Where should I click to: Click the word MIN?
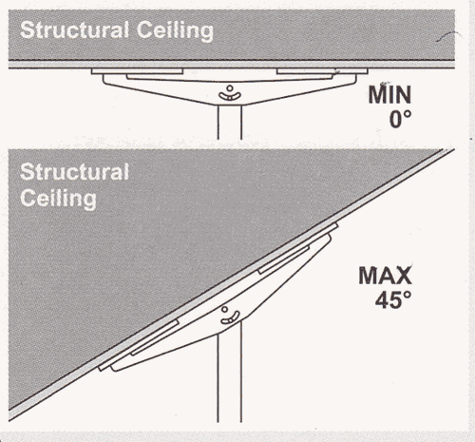click(389, 94)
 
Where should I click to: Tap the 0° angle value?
click(400, 120)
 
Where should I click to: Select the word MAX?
click(386, 276)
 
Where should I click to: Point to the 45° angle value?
click(393, 299)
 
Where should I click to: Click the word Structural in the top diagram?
click(75, 30)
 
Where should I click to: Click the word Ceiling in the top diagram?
click(175, 31)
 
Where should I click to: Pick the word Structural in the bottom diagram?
click(75, 172)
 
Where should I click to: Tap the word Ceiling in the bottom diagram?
click(59, 200)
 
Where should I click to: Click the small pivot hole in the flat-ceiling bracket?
click(230, 88)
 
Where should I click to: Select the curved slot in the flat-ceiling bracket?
click(230, 97)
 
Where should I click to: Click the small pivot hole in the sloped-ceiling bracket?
click(224, 309)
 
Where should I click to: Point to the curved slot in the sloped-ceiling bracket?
click(230, 318)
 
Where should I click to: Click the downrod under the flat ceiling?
click(230, 123)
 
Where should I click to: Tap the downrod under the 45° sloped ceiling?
click(230, 374)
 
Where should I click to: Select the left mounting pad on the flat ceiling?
click(137, 71)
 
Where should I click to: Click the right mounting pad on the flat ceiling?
click(322, 71)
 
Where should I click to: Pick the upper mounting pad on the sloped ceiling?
click(298, 248)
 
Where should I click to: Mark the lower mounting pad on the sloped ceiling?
click(139, 345)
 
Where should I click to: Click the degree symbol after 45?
click(407, 296)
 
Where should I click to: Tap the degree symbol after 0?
click(408, 115)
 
